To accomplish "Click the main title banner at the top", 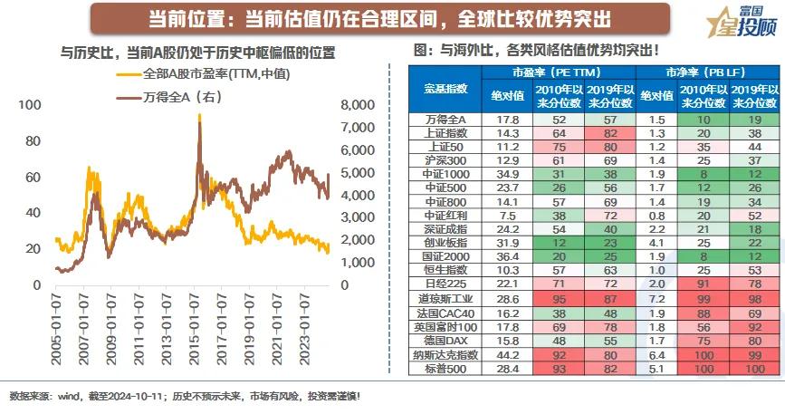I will click(379, 17).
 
